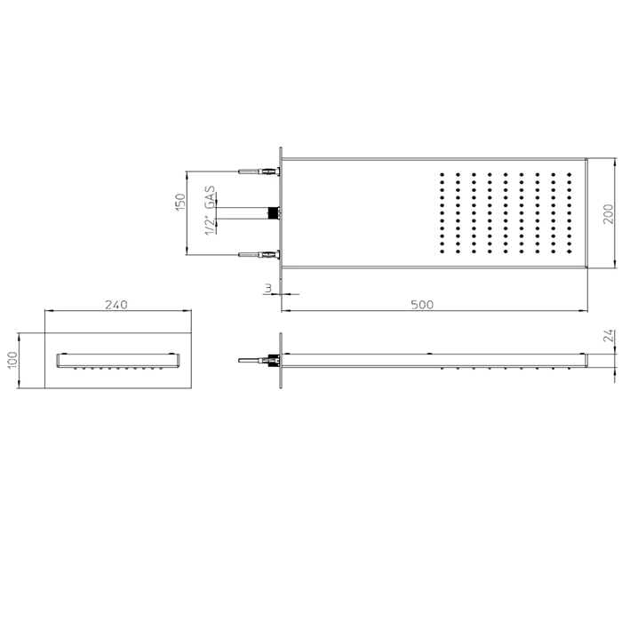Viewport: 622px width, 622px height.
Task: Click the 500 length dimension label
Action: pyautogui.click(x=422, y=305)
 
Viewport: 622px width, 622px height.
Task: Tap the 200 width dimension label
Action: pyautogui.click(x=608, y=214)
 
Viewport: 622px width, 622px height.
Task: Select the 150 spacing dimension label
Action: pyautogui.click(x=180, y=202)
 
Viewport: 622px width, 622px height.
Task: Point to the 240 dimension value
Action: pyautogui.click(x=116, y=305)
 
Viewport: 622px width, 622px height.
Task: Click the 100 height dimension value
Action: pyautogui.click(x=12, y=360)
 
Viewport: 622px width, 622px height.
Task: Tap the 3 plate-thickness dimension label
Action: pyautogui.click(x=268, y=289)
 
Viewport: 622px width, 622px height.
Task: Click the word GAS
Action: pyautogui.click(x=210, y=196)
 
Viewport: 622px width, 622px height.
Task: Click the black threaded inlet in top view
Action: pyautogui.click(x=273, y=213)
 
